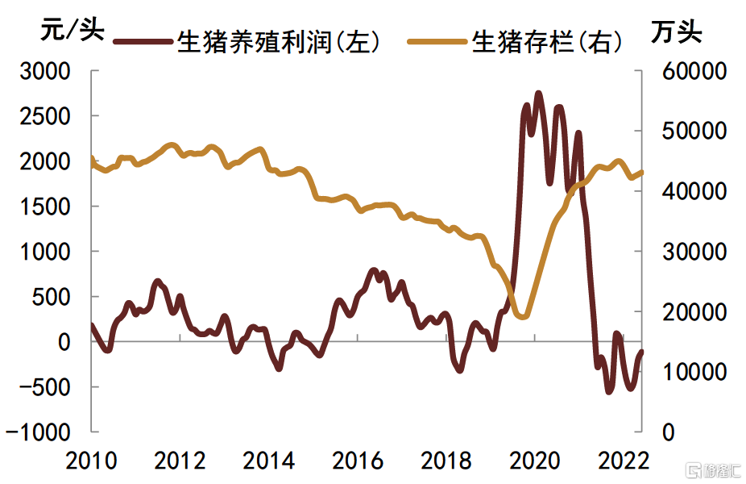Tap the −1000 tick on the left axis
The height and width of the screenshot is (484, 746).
coord(40,432)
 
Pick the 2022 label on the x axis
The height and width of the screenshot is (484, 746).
coord(624,461)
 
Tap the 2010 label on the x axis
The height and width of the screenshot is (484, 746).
coord(89,461)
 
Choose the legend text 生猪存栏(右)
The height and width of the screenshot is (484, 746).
coord(548,42)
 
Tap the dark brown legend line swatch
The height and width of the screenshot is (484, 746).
coord(143,41)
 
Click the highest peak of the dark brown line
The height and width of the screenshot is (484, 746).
coord(538,94)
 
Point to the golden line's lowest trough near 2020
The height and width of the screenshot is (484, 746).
coord(522,316)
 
